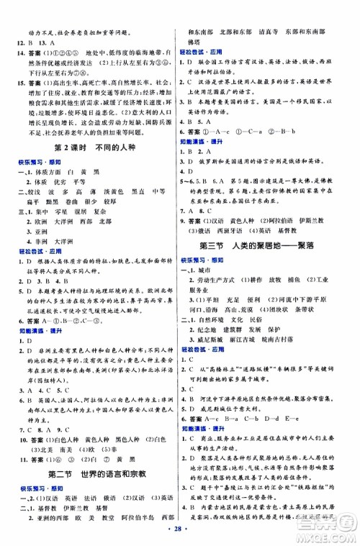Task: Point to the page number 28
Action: (179, 535)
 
